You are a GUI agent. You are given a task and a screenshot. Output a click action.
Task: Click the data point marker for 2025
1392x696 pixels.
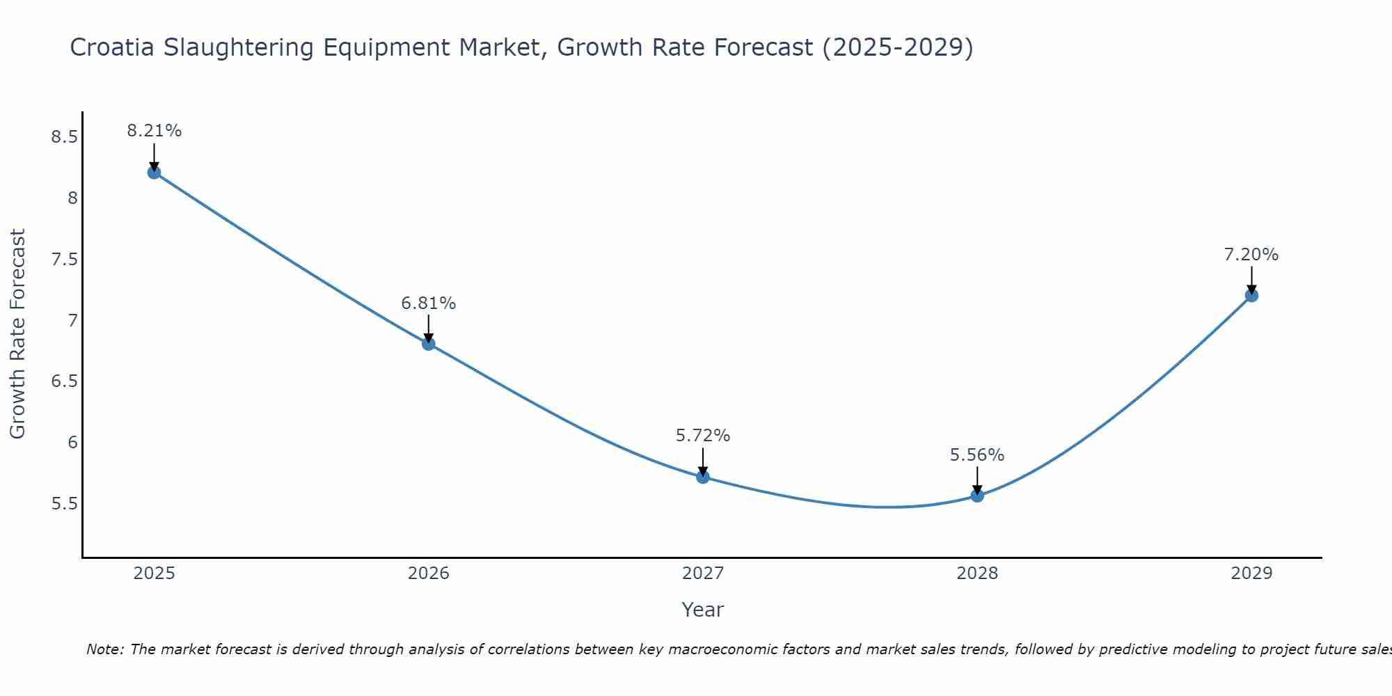click(155, 173)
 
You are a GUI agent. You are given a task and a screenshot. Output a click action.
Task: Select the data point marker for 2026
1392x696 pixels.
click(429, 344)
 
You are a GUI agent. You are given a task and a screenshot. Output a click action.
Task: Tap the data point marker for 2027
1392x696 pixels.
click(703, 477)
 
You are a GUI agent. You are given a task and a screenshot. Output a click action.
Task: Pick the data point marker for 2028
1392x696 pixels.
click(977, 496)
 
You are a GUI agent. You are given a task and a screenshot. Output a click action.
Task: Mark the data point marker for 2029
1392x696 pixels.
click(1251, 296)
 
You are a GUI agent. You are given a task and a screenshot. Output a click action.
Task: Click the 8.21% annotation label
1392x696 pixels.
click(155, 131)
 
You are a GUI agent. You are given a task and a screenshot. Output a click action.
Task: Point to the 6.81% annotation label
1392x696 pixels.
click(429, 303)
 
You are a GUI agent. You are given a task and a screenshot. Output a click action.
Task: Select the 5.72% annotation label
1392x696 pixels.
click(703, 436)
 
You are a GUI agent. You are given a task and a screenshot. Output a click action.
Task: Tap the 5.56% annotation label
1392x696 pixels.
click(977, 455)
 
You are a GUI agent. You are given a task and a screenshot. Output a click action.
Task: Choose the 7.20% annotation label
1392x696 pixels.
click(1251, 255)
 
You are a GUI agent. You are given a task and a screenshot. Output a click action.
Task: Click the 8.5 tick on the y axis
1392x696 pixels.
click(64, 137)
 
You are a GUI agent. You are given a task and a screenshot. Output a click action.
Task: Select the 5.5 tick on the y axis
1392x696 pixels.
click(64, 504)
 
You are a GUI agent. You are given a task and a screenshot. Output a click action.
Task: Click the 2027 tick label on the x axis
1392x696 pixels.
click(703, 574)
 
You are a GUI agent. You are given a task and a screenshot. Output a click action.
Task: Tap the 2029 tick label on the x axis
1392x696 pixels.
click(1251, 574)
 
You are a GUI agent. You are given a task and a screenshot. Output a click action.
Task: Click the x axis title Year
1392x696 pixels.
click(703, 610)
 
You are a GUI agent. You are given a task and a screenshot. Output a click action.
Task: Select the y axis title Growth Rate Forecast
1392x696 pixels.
click(18, 334)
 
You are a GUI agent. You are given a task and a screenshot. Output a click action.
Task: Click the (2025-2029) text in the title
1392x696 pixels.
click(897, 47)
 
